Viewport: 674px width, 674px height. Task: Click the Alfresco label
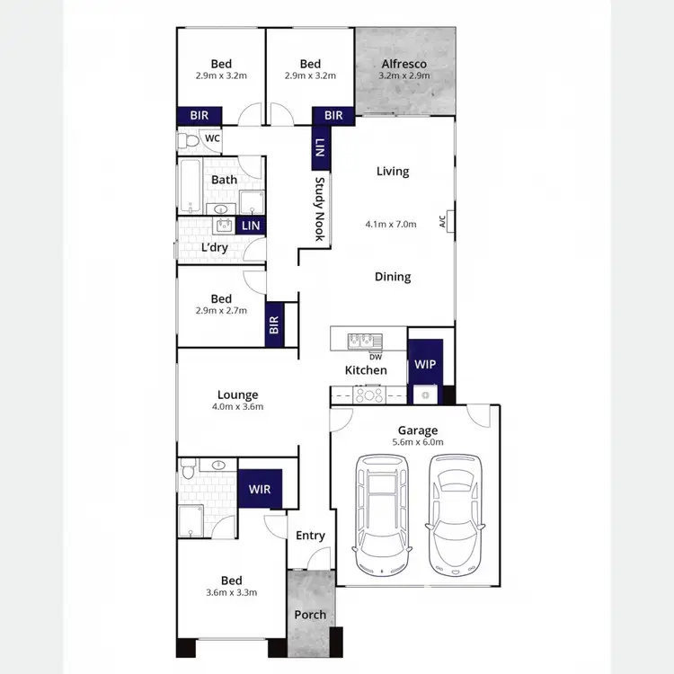404,64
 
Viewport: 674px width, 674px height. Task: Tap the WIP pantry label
425,365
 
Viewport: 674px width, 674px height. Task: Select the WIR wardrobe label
260,490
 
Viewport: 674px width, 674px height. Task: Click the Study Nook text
318,208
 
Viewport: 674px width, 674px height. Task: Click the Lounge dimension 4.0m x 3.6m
237,406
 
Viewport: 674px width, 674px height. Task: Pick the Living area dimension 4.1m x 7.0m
391,224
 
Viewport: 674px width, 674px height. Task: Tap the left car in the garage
381,514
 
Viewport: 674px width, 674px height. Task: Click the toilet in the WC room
189,141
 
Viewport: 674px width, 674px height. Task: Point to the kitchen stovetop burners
368,394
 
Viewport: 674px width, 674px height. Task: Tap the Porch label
310,615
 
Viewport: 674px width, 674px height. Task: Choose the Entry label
310,536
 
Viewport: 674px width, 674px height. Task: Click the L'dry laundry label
214,247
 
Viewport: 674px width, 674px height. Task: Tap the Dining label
393,277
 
